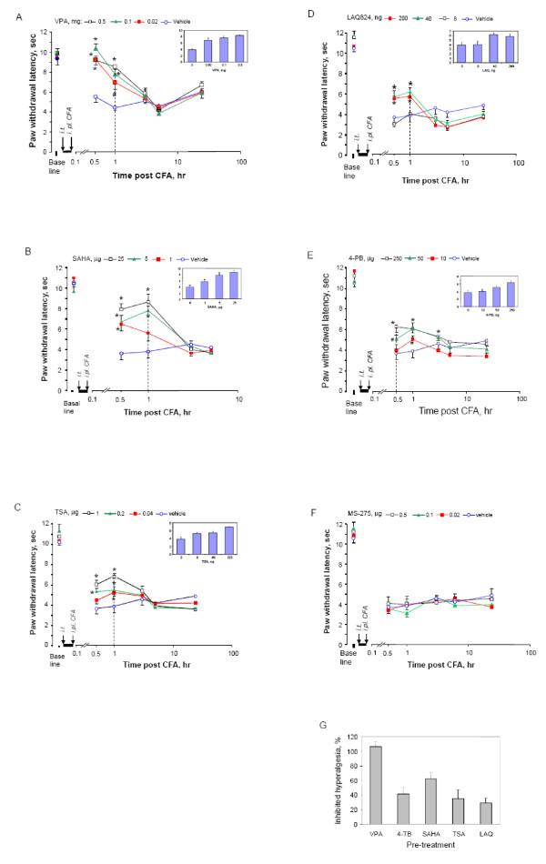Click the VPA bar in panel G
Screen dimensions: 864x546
click(372, 784)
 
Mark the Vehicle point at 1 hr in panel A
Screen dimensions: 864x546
click(115, 108)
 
